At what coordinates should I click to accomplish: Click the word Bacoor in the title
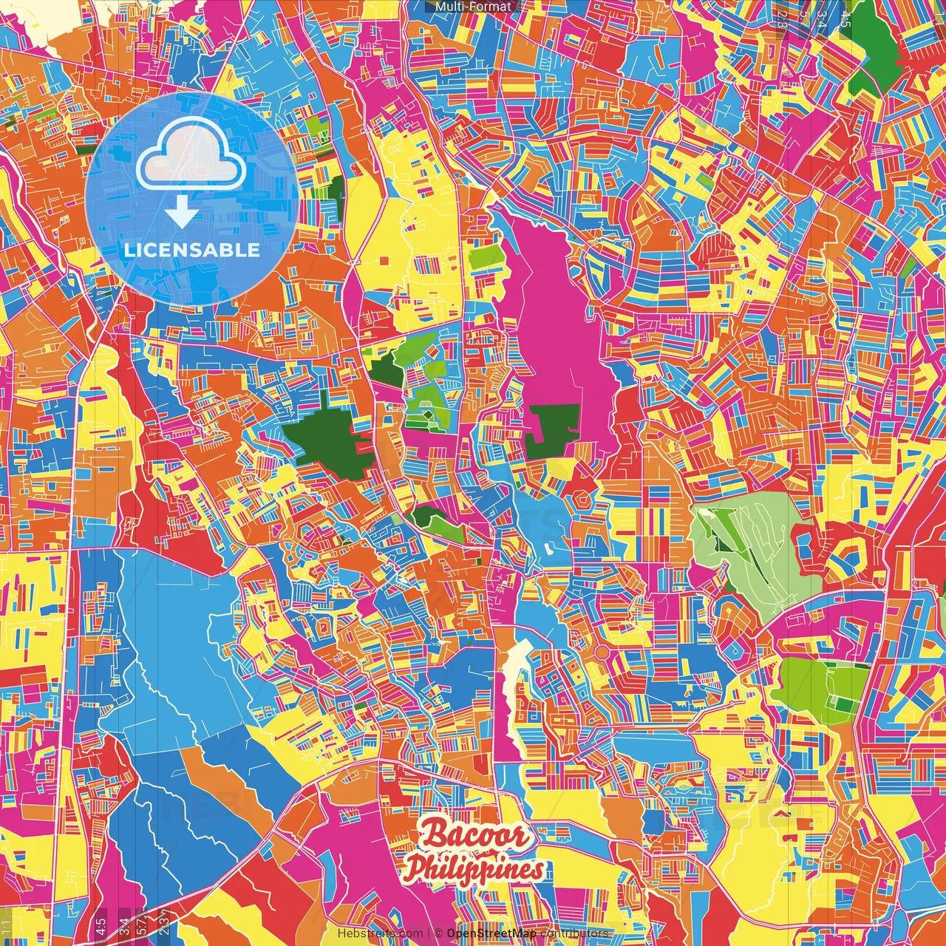coord(476,836)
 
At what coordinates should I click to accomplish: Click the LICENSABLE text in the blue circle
coord(192,250)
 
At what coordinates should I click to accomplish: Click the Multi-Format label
coord(473,7)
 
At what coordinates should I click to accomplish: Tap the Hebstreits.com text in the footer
coord(380,933)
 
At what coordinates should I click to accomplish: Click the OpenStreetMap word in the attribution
coord(491,933)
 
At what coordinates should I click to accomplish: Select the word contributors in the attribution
coord(574,933)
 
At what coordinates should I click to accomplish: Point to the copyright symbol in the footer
coord(438,933)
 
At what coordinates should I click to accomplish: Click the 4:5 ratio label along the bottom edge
coord(101,925)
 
